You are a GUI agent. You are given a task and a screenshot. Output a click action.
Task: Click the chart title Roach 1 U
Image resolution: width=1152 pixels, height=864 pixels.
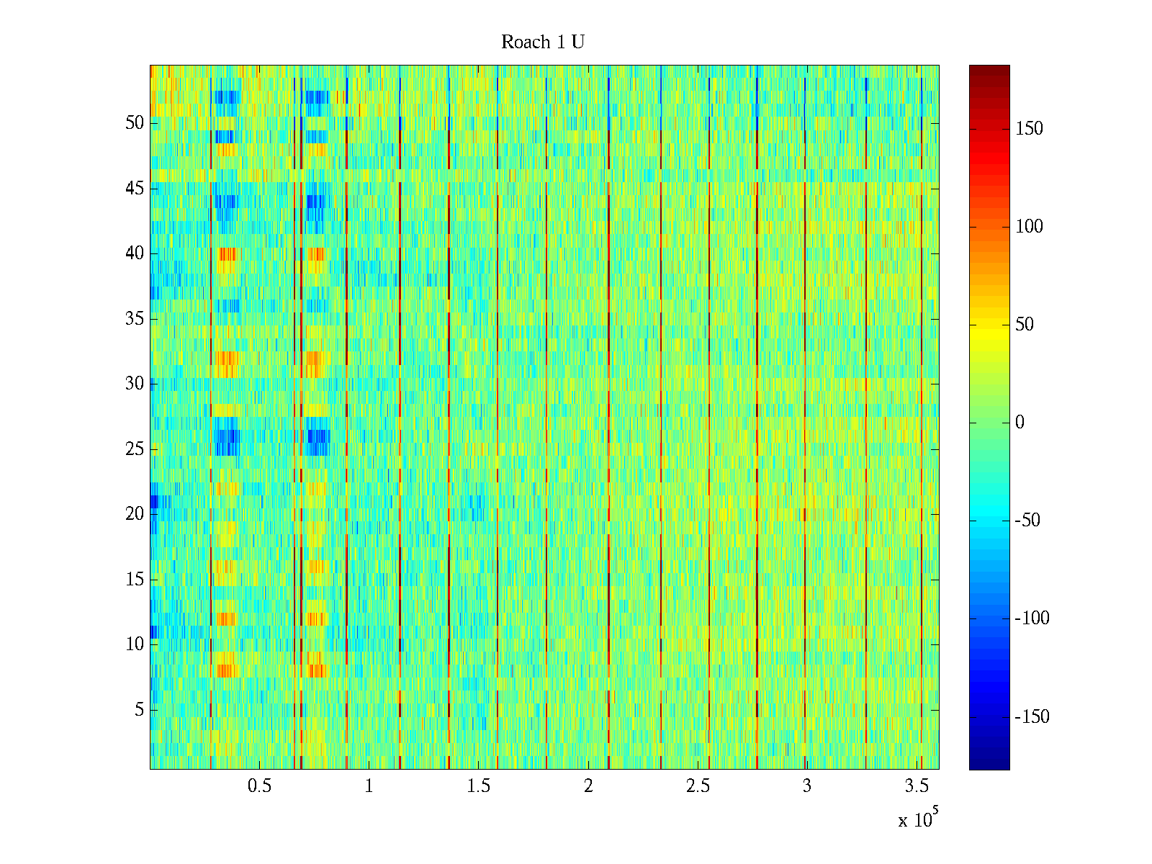pyautogui.click(x=542, y=42)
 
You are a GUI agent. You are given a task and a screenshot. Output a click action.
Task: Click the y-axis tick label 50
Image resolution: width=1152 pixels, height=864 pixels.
pyautogui.click(x=135, y=123)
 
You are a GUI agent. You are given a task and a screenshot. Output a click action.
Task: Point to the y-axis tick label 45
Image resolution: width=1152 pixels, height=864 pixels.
pyautogui.click(x=135, y=189)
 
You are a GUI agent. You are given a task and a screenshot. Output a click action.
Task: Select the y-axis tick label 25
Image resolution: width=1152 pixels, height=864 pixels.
pyautogui.click(x=135, y=449)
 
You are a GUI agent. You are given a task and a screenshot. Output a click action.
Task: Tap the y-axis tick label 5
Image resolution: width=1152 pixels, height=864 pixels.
pyautogui.click(x=139, y=710)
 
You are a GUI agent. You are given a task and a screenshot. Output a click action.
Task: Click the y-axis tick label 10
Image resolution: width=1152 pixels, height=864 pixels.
pyautogui.click(x=135, y=644)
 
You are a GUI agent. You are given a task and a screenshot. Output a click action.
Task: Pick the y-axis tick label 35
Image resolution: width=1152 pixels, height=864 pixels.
pyautogui.click(x=135, y=319)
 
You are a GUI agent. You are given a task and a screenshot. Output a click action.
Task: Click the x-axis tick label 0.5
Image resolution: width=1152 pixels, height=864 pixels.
pyautogui.click(x=259, y=786)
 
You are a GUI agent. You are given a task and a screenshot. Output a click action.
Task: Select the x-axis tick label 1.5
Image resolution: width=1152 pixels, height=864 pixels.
pyautogui.click(x=478, y=786)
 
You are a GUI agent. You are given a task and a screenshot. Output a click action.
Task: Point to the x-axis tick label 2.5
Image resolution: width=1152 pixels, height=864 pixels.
pyautogui.click(x=698, y=786)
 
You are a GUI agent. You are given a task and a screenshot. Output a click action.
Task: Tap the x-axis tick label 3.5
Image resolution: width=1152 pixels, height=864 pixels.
pyautogui.click(x=917, y=786)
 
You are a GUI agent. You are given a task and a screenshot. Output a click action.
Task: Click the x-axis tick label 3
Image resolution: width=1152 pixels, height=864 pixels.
pyautogui.click(x=807, y=786)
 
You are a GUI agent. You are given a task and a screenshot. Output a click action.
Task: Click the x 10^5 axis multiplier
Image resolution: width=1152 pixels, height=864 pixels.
pyautogui.click(x=918, y=819)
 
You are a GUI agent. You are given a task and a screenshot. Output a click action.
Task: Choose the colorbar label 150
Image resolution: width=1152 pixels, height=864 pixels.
pyautogui.click(x=1029, y=129)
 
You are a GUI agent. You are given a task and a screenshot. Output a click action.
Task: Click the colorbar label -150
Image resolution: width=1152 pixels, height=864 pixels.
pyautogui.click(x=1032, y=717)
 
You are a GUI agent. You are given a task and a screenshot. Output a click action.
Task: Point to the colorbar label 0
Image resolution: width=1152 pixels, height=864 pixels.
pyautogui.click(x=1020, y=423)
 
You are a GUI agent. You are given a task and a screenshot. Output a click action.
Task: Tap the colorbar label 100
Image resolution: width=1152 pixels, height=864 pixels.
pyautogui.click(x=1029, y=227)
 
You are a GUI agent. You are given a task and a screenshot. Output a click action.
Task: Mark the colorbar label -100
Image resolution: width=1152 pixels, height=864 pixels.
pyautogui.click(x=1032, y=618)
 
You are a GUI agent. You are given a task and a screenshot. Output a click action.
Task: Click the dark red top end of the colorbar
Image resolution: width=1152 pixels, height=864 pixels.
pyautogui.click(x=989, y=69)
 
